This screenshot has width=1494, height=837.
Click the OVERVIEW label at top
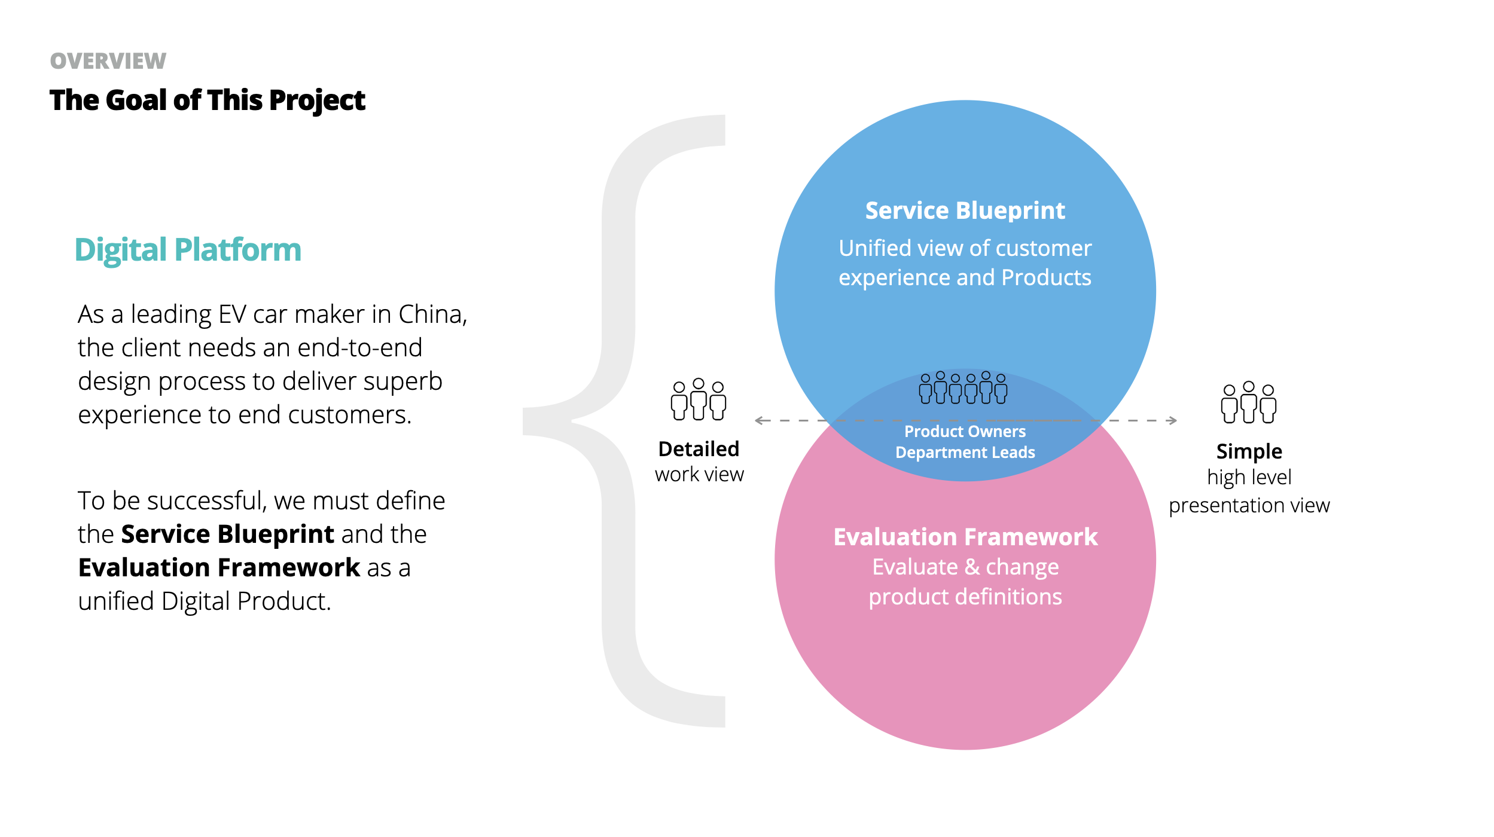[108, 61]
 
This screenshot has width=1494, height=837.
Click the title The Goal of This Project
[207, 100]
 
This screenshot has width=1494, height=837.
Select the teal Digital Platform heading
[188, 249]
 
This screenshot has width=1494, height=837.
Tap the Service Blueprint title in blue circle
[965, 210]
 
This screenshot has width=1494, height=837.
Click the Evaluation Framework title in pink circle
[965, 537]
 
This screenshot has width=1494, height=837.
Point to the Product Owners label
[965, 431]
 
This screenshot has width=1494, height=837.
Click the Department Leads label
[965, 453]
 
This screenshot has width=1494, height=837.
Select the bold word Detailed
[699, 449]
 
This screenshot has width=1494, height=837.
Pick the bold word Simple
[1249, 451]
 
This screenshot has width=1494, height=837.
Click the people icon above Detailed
[698, 399]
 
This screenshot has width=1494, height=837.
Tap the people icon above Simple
[1248, 402]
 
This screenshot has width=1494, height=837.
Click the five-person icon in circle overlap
[963, 387]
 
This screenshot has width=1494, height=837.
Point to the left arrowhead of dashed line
[759, 421]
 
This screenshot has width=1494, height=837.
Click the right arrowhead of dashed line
[1173, 421]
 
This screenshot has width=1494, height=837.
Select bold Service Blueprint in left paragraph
[227, 534]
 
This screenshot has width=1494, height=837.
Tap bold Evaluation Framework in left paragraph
[219, 568]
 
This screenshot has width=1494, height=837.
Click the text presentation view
[1249, 506]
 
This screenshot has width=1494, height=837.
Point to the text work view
[699, 475]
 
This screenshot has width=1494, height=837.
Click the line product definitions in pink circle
[965, 597]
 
